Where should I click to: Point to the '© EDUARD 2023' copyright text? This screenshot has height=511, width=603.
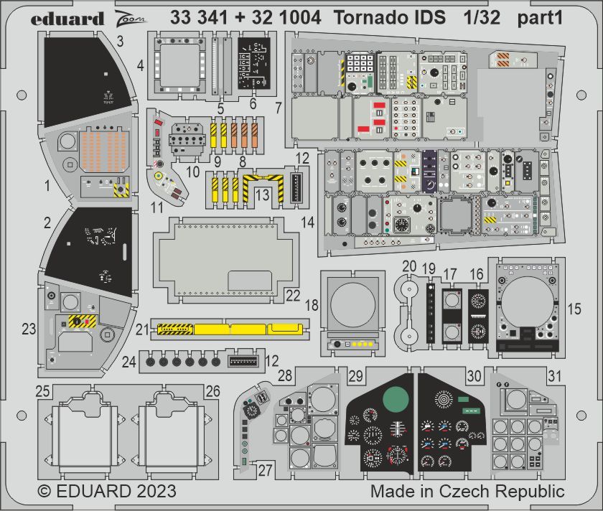(x=106, y=492)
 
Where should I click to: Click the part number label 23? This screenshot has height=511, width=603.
(x=28, y=329)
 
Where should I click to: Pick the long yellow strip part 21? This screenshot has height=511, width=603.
(x=230, y=329)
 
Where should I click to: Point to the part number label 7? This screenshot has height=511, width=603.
(x=277, y=109)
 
